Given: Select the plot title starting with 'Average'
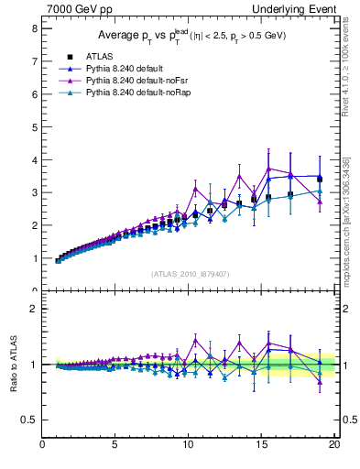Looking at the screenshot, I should click(x=191, y=36).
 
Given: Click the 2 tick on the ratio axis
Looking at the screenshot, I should click(x=33, y=309).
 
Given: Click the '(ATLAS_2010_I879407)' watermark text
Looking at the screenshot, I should click(x=191, y=273).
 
